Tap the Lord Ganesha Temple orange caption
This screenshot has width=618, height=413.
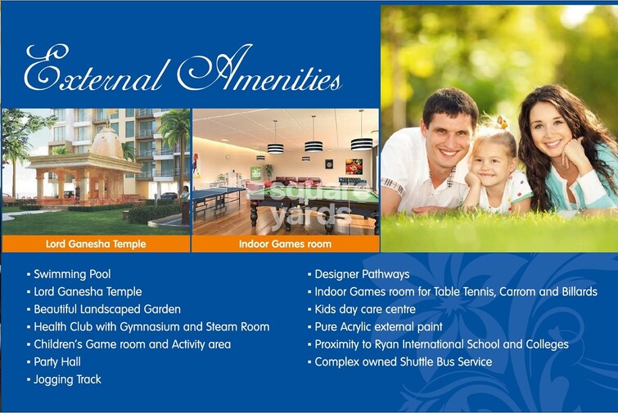point(96,244)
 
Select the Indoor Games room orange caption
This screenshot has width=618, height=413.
point(285,244)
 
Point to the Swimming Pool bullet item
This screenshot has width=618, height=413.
point(72,275)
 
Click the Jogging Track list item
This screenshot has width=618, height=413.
point(67,379)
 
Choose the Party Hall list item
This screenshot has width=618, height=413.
point(56,362)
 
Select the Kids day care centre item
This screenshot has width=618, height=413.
point(365,310)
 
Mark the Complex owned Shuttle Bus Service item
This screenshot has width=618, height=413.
point(403,361)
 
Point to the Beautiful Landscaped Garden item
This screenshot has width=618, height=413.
point(106,310)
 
